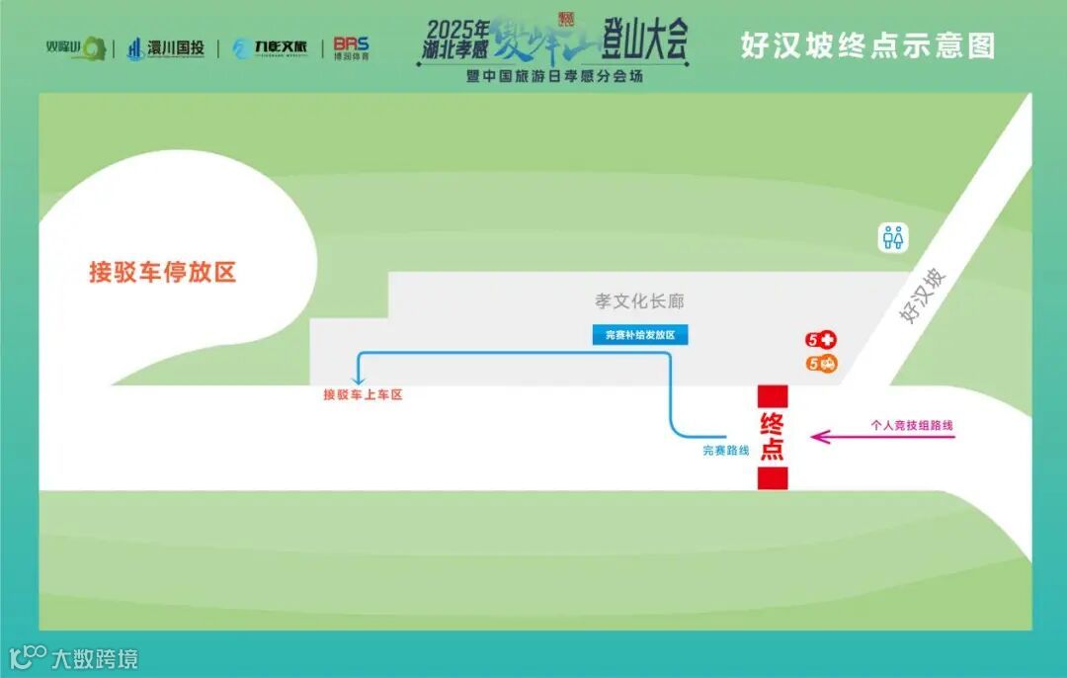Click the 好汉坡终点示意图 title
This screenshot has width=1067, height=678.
[x=867, y=45]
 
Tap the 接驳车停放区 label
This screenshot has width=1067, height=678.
[x=163, y=272]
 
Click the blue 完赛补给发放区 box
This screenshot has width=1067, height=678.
[x=640, y=335]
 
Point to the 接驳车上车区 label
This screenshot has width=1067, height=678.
[x=364, y=394]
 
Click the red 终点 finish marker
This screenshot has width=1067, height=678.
[x=773, y=437]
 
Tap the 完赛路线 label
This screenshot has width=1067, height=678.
[x=726, y=451]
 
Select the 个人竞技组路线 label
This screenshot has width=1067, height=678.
[x=912, y=425]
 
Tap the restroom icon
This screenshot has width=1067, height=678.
[x=893, y=237]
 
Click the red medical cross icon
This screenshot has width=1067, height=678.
[x=827, y=340]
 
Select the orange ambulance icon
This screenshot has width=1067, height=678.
[x=827, y=364]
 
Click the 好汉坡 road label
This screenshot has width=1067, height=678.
[x=923, y=295]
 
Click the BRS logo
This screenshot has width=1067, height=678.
[x=351, y=47]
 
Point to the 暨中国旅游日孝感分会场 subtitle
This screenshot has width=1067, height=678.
[x=554, y=76]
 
